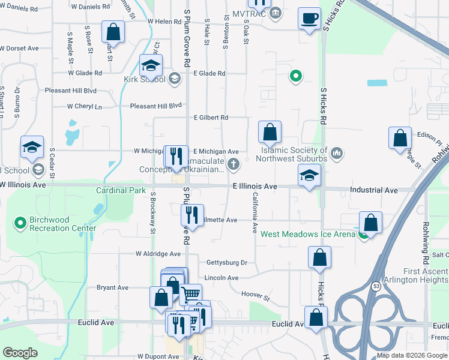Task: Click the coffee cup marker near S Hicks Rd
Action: pyautogui.click(x=309, y=19)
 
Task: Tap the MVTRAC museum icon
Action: pyautogui.click(x=276, y=13)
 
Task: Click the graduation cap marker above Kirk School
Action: pyautogui.click(x=151, y=65)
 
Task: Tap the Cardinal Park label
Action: pyautogui.click(x=121, y=190)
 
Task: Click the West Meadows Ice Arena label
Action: pyautogui.click(x=308, y=234)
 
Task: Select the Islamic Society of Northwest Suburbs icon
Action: pyautogui.click(x=337, y=154)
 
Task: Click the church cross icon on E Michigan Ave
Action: pyautogui.click(x=234, y=163)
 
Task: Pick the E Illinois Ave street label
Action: pyautogui.click(x=255, y=187)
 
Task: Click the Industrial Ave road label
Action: pyautogui.click(x=374, y=190)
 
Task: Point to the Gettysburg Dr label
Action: pyautogui.click(x=227, y=263)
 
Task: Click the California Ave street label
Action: pyautogui.click(x=255, y=213)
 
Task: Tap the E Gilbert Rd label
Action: pyautogui.click(x=210, y=118)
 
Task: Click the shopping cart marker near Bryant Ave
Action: pyautogui.click(x=191, y=294)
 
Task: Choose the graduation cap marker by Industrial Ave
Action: pyautogui.click(x=309, y=175)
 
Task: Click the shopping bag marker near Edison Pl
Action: pyautogui.click(x=400, y=138)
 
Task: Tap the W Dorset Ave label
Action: pyautogui.click(x=19, y=48)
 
